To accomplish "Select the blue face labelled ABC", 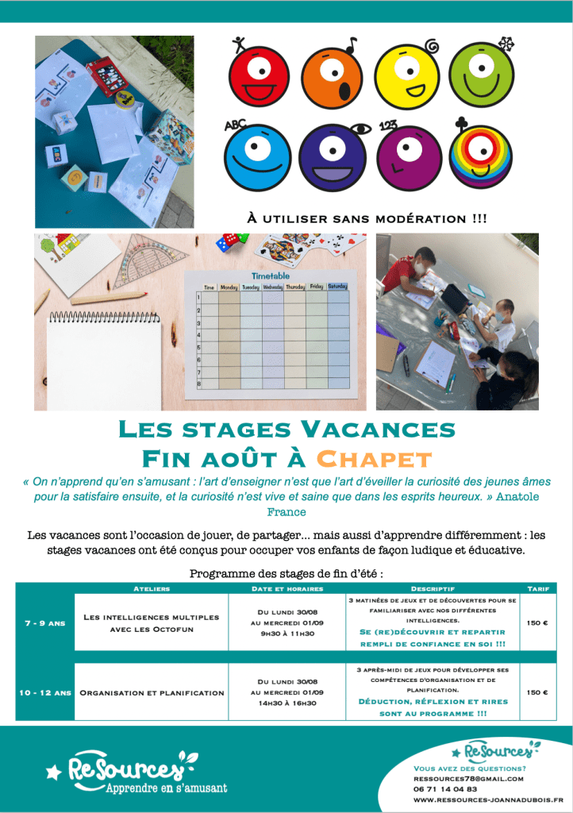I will tap(257, 156).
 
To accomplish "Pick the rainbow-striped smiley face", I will tap(482, 156).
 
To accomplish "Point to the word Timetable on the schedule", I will tap(271, 275).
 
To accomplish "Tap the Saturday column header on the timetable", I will tap(337, 287).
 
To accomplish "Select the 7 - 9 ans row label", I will tap(44, 623).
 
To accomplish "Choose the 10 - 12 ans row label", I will tap(44, 692).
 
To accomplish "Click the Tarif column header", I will tap(538, 588).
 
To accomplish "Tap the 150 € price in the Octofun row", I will tap(537, 623).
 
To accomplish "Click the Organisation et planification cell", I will tap(152, 692).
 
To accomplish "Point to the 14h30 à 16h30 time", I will tap(286, 703).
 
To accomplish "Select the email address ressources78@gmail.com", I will tap(468, 779).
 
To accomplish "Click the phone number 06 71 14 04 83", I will tap(445, 789).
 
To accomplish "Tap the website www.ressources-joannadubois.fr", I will tap(488, 800).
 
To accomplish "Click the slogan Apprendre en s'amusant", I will tap(166, 788).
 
